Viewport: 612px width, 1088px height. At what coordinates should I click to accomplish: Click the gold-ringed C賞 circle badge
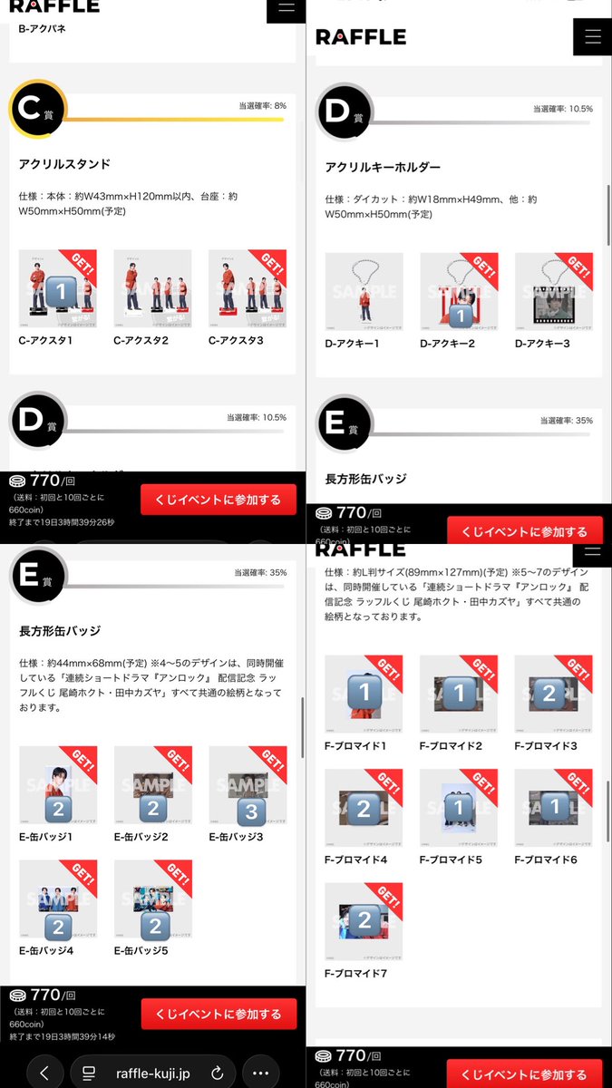pos(37,108)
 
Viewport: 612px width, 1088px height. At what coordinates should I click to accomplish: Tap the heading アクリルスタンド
pos(64,164)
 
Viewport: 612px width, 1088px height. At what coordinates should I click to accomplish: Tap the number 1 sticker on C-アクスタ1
pos(60,292)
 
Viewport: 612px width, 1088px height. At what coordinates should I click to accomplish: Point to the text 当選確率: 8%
pos(262,106)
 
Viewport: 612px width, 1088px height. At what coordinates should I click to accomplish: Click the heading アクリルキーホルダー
pos(383,167)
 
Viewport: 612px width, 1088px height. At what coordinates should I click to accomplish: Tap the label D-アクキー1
pos(353,344)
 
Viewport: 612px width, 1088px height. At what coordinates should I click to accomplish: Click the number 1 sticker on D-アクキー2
pos(461,314)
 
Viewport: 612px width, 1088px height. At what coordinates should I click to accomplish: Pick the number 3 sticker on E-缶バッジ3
pos(250,809)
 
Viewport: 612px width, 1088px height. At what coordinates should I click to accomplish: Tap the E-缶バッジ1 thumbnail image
pos(58,785)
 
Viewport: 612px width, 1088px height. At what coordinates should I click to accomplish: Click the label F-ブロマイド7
pos(358,973)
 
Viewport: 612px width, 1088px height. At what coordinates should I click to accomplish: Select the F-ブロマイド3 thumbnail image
pos(553,694)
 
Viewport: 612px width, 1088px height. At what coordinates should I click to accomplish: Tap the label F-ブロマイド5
pos(452,860)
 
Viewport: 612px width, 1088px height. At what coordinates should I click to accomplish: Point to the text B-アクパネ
pos(43,29)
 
